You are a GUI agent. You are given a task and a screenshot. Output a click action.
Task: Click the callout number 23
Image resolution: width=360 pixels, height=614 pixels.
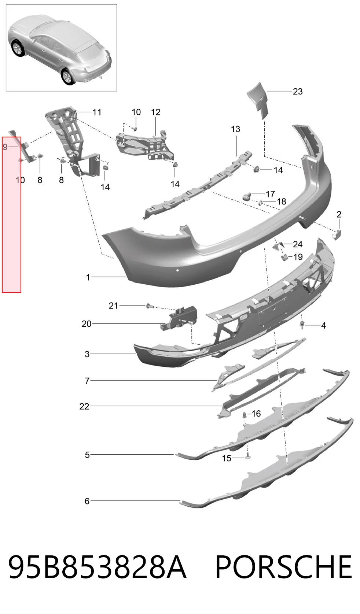(x=298, y=91)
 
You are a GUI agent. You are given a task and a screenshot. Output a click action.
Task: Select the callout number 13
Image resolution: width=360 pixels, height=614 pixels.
(x=235, y=129)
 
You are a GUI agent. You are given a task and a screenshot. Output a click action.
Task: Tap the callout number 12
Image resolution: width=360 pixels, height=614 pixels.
(x=155, y=112)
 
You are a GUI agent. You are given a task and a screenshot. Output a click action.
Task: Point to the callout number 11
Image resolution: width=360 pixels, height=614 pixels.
(x=97, y=112)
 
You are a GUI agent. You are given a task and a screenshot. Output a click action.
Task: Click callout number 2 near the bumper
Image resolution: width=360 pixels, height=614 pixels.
(x=339, y=214)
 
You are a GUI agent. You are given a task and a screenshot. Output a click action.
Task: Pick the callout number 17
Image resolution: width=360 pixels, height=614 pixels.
(x=270, y=194)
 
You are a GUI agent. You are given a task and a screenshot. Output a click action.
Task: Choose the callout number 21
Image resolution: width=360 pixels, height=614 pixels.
(x=113, y=306)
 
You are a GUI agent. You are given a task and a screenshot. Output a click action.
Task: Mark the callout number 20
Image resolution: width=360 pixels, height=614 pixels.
(x=87, y=324)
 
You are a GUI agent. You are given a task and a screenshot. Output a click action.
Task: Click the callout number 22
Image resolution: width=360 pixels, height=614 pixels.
(x=84, y=406)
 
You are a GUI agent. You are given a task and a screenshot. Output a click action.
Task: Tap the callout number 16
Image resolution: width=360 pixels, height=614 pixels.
(x=256, y=414)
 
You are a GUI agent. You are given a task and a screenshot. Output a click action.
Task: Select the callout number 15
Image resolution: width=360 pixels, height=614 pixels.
(x=227, y=458)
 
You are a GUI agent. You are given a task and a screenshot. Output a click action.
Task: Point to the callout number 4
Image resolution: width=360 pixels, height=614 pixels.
(x=323, y=326)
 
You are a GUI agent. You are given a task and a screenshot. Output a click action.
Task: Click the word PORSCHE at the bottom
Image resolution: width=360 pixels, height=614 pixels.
(x=284, y=567)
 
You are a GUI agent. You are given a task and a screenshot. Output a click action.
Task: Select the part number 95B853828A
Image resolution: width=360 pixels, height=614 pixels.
(x=98, y=567)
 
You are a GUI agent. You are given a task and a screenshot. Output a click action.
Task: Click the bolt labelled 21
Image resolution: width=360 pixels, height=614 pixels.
(x=150, y=306)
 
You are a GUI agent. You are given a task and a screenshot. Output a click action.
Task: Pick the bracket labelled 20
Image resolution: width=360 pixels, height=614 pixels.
(x=179, y=318)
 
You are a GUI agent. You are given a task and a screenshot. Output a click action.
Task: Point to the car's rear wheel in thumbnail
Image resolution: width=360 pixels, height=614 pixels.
(x=67, y=76)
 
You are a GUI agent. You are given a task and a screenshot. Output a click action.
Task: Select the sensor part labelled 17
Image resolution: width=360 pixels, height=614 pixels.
(x=247, y=196)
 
